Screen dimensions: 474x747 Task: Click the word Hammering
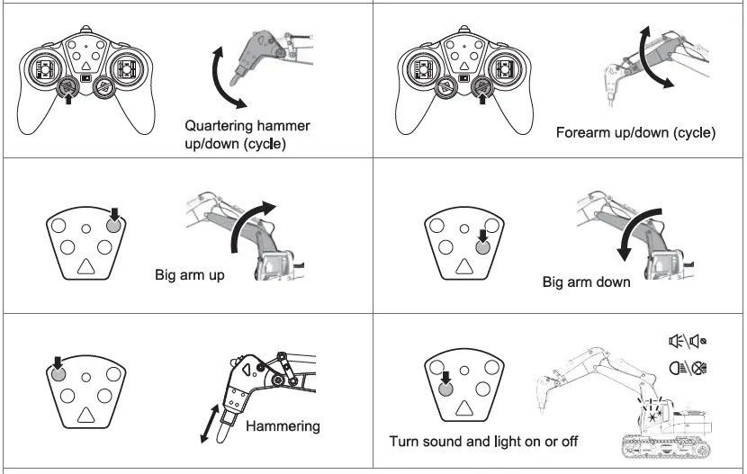tap(282, 425)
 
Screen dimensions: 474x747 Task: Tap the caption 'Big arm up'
tap(188, 274)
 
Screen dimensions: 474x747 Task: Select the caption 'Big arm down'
tap(586, 282)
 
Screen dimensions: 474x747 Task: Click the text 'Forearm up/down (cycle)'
tap(635, 133)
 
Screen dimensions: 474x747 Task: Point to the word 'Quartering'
tap(220, 126)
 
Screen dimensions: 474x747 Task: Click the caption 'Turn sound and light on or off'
tap(483, 442)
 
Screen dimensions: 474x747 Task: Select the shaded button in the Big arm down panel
tap(482, 247)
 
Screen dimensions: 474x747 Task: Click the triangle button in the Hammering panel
tap(86, 414)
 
